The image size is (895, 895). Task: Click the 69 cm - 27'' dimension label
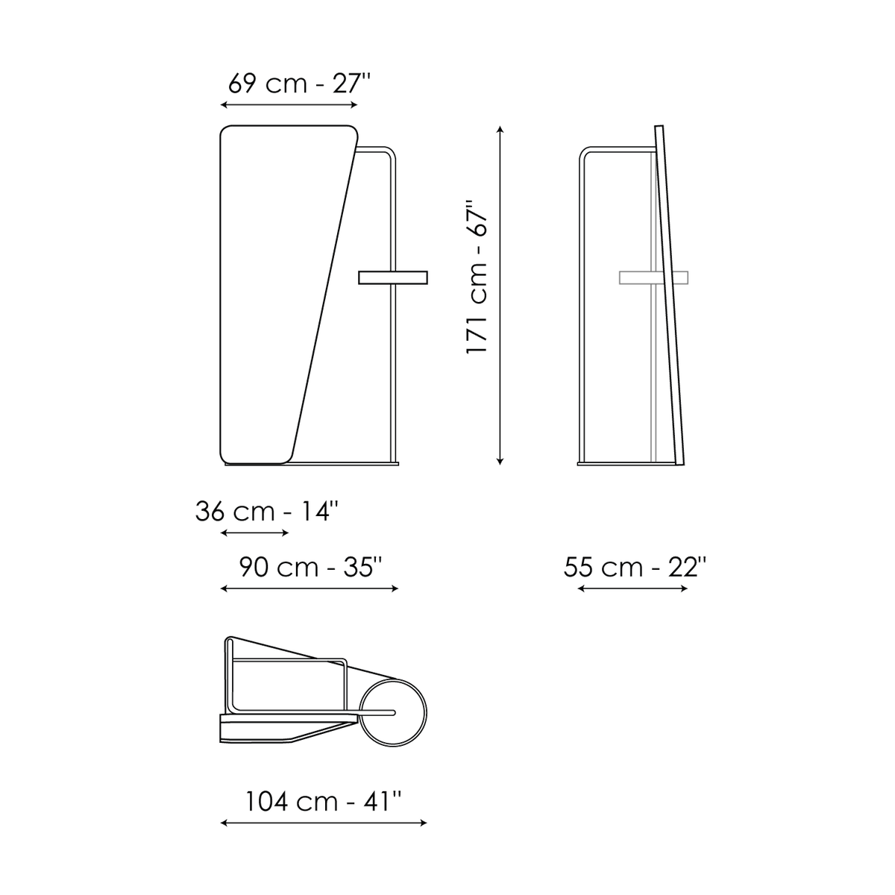click(x=299, y=84)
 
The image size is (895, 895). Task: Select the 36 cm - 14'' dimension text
click(x=266, y=512)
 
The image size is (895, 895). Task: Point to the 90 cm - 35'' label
click(x=310, y=567)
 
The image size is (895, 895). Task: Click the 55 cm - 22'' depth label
click(x=635, y=567)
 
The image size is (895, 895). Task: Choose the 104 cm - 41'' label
click(x=323, y=802)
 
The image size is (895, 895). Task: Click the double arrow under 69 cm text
click(x=289, y=105)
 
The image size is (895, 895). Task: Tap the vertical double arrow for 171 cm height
click(x=500, y=295)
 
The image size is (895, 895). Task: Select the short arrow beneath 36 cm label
click(x=254, y=533)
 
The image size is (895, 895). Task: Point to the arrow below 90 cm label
click(x=310, y=589)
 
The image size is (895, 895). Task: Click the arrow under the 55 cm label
click(x=632, y=589)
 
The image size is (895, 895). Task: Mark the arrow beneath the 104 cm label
click(x=323, y=823)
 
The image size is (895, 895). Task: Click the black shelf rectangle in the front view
click(x=393, y=277)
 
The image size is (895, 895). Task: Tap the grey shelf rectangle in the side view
click(x=653, y=277)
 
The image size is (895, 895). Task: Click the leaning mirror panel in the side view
click(x=669, y=295)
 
